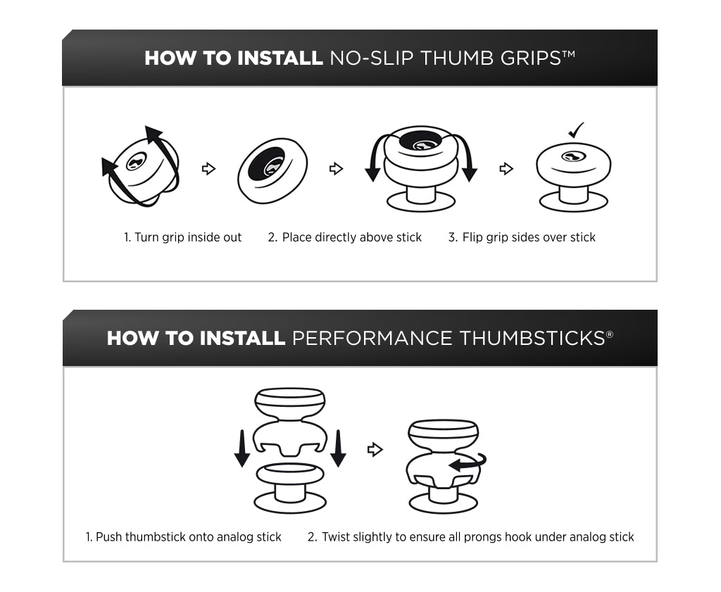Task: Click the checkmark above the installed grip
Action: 576,130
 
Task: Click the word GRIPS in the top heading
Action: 531,58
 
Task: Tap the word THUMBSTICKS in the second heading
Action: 532,339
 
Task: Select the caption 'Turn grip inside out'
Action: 182,237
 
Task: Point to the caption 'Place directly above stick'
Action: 344,237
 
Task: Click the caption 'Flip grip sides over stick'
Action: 522,237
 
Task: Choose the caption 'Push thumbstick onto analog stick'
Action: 184,537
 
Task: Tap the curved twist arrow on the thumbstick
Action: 468,463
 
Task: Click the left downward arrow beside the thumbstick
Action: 242,448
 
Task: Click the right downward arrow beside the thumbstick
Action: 339,448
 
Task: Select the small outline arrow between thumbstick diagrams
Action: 375,450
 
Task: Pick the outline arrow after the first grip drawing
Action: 208,169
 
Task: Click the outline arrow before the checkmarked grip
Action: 506,169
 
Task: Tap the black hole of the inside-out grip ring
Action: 265,165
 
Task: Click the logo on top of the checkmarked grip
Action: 573,157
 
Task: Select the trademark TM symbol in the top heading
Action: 569,53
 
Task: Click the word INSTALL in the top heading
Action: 280,58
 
